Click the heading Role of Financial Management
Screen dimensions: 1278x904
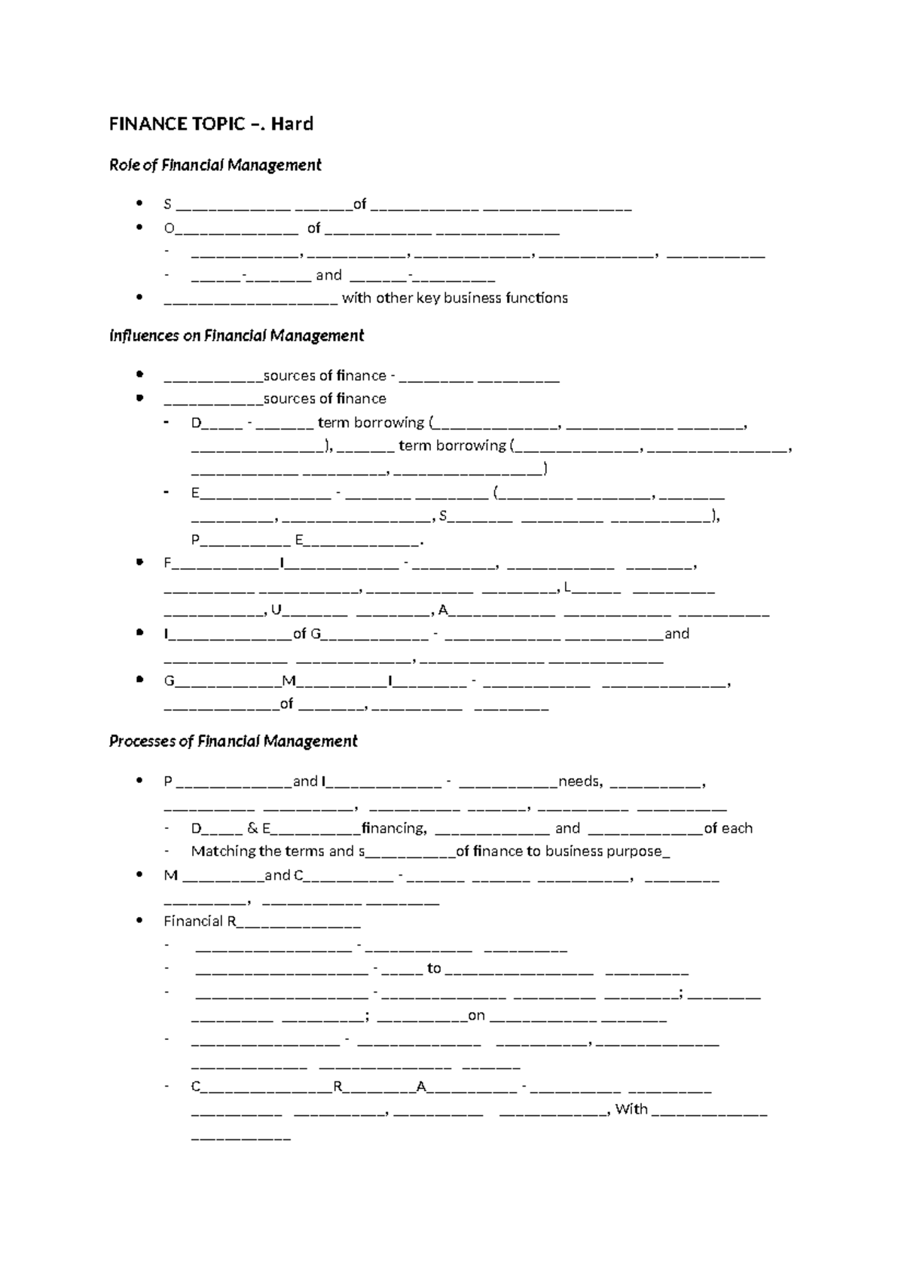[215, 165]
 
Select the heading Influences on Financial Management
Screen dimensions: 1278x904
[237, 335]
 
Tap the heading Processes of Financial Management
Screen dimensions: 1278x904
[234, 741]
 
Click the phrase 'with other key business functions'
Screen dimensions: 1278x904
[455, 298]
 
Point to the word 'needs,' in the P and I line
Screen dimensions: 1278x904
[580, 781]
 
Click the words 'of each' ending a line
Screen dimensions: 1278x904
[728, 828]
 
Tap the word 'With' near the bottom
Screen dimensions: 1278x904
[631, 1108]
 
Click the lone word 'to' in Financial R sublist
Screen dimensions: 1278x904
[434, 968]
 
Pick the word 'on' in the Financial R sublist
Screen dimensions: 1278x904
[476, 1015]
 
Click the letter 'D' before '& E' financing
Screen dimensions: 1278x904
[197, 828]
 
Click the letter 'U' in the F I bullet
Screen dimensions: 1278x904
[276, 610]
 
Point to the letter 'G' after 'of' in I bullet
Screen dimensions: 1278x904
[316, 634]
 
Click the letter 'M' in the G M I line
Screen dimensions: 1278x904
[289, 681]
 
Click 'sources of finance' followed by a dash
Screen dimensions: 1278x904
[325, 375]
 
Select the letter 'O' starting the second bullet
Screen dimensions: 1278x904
[169, 228]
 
